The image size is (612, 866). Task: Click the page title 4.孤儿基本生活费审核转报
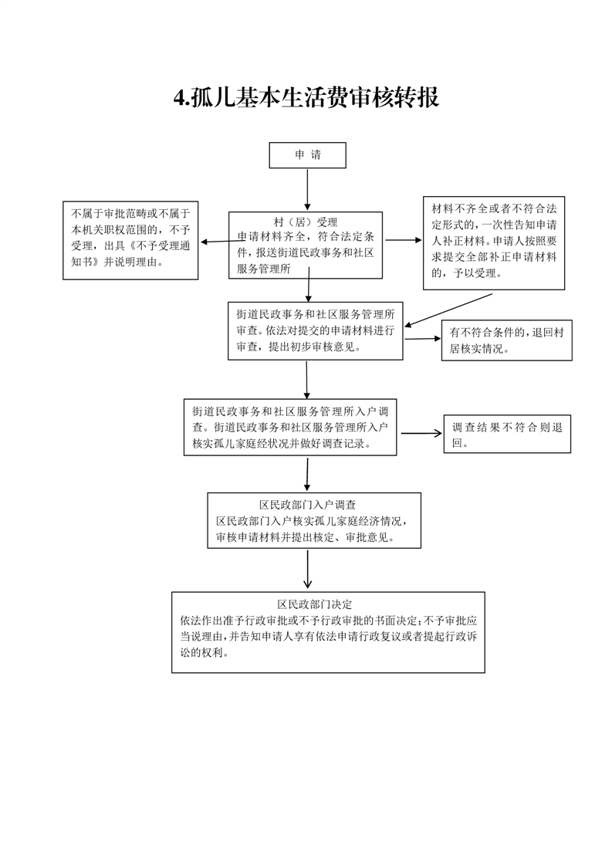click(x=306, y=98)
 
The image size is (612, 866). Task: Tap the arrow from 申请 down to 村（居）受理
click(x=308, y=190)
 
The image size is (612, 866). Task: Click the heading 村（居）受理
click(x=306, y=222)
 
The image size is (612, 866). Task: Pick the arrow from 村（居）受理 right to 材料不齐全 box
click(x=404, y=240)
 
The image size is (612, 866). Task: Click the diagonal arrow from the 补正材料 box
click(x=448, y=310)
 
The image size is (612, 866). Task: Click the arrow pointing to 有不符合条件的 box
click(x=423, y=339)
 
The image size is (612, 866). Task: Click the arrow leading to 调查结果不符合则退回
click(x=421, y=434)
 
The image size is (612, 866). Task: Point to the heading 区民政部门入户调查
click(x=308, y=505)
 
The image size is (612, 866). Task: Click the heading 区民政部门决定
click(x=314, y=604)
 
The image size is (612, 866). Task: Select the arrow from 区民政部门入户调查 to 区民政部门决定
click(x=308, y=569)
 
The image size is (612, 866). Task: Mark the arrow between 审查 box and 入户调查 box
click(x=306, y=380)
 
